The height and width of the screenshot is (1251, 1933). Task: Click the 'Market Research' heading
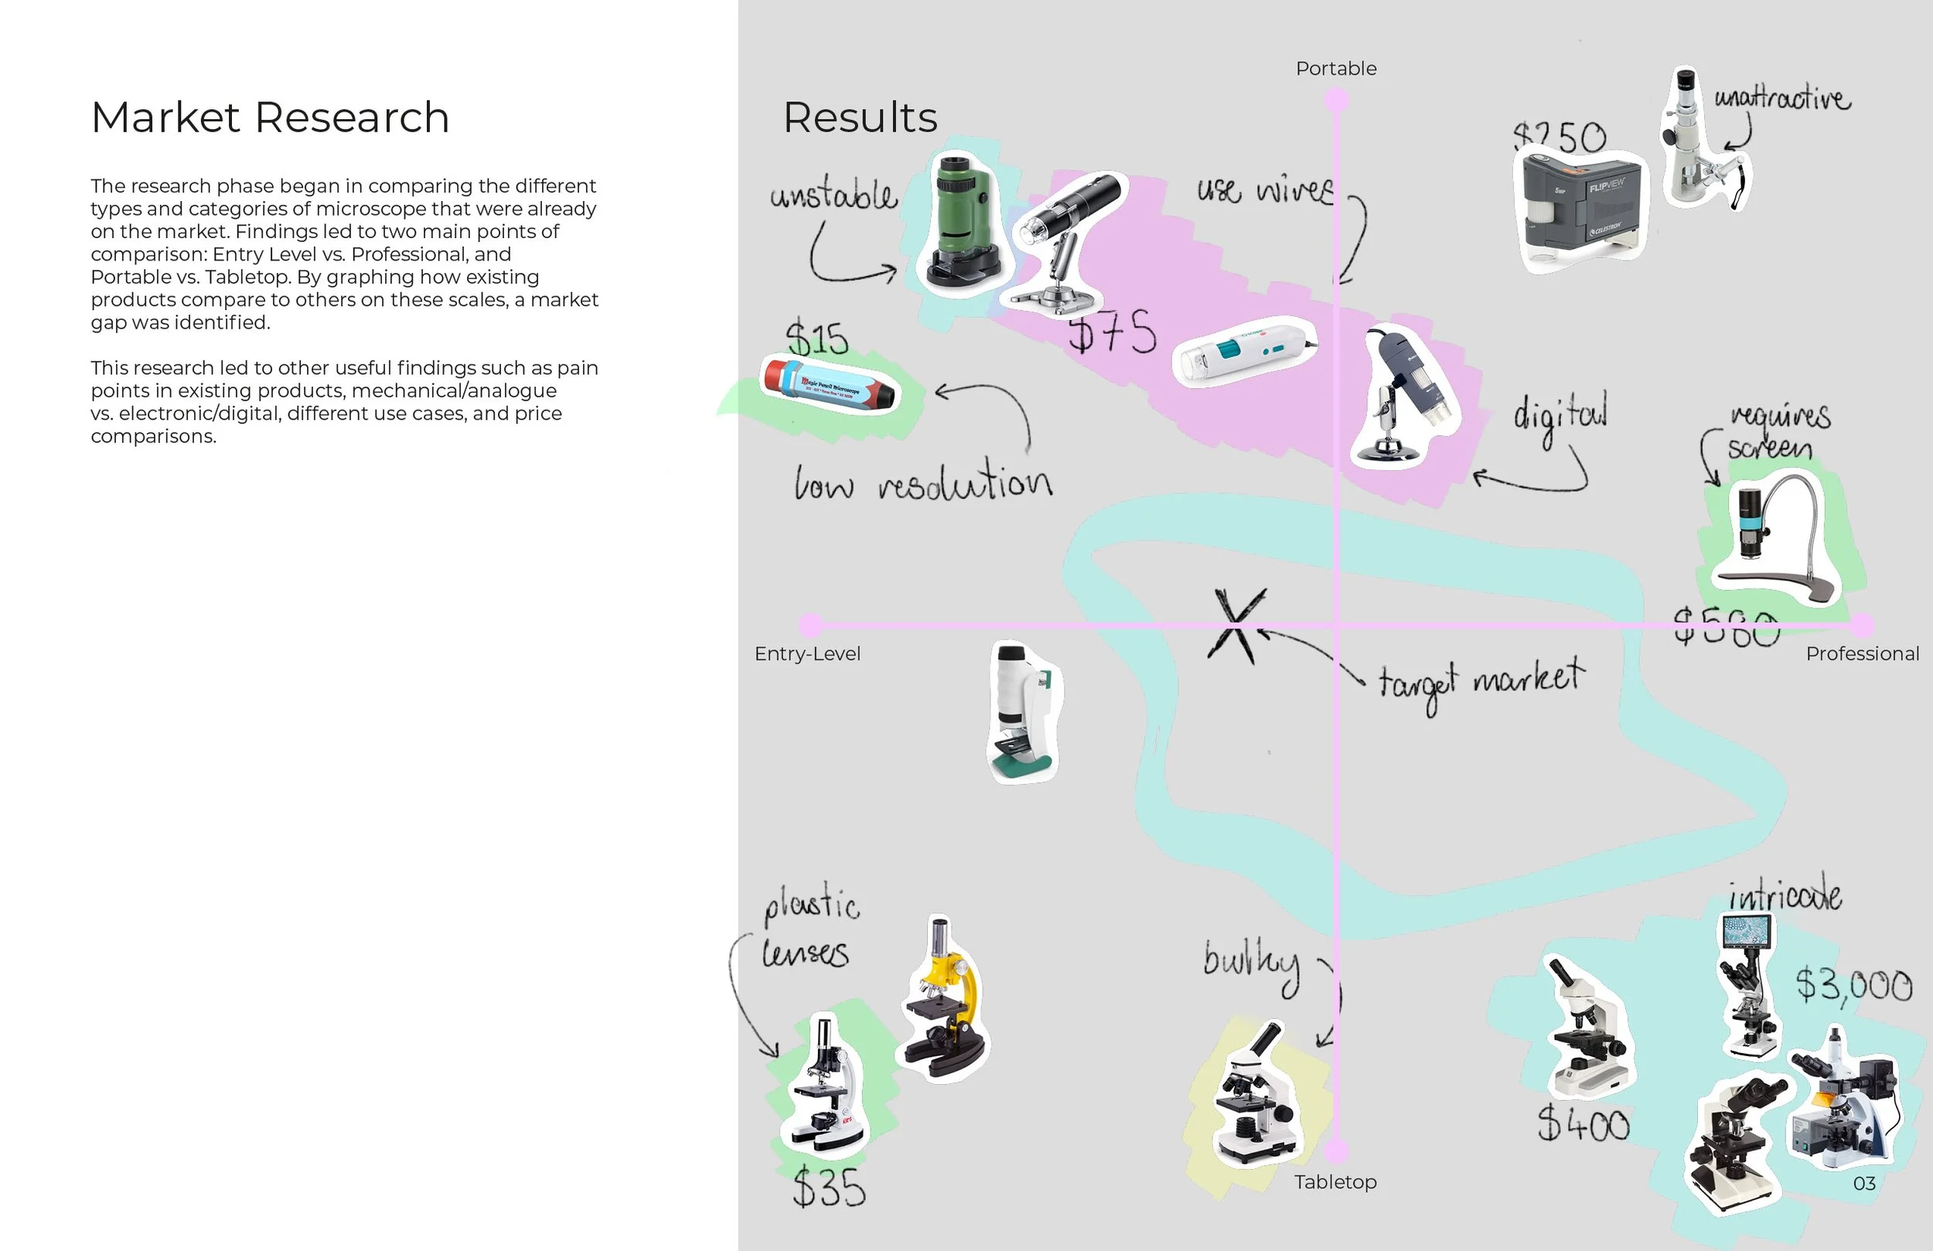pyautogui.click(x=270, y=118)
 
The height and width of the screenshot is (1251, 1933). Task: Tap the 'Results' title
pyautogui.click(x=859, y=118)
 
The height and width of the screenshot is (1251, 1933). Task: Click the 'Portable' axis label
pyautogui.click(x=1335, y=69)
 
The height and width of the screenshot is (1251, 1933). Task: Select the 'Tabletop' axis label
pyautogui.click(x=1335, y=1182)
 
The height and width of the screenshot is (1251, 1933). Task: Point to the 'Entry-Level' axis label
pyautogui.click(x=806, y=654)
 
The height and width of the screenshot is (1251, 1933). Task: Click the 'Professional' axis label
pyautogui.click(x=1862, y=654)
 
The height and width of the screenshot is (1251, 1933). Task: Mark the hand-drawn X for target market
pyautogui.click(x=1236, y=625)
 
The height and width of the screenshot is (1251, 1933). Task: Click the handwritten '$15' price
pyautogui.click(x=816, y=339)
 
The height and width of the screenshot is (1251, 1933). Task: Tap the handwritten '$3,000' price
pyautogui.click(x=1853, y=985)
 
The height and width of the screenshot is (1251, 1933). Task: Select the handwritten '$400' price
pyautogui.click(x=1583, y=1125)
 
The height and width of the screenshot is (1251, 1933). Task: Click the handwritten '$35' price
pyautogui.click(x=828, y=1188)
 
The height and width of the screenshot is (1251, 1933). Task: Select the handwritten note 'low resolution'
pyautogui.click(x=922, y=482)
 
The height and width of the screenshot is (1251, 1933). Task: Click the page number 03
pyautogui.click(x=1864, y=1184)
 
